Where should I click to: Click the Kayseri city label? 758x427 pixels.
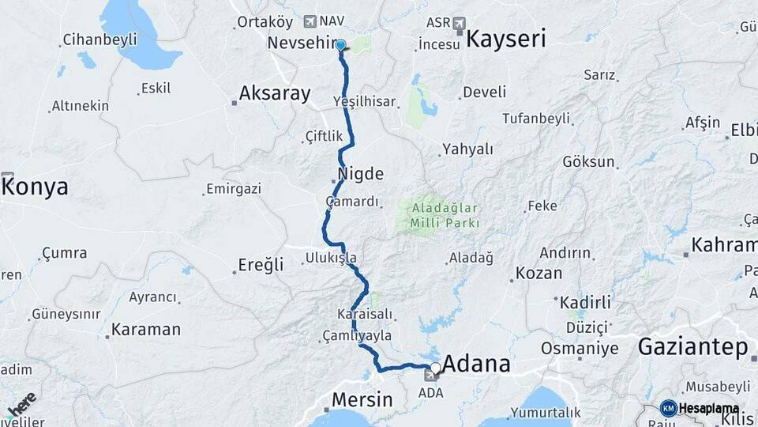coord(505,39)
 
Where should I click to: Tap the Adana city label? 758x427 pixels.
coord(476,365)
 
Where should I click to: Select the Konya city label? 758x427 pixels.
coord(36,187)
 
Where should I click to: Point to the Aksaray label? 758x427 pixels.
coord(274,93)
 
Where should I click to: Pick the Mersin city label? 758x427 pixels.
coord(362,399)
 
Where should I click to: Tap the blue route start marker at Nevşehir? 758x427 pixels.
coord(340,45)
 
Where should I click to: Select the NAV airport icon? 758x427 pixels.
coord(309,21)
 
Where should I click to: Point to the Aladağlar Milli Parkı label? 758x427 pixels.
coord(444,216)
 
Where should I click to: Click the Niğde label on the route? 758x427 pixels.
coord(360,174)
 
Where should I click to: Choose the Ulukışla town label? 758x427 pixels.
coord(332,258)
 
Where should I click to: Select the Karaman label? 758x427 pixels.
coord(145,330)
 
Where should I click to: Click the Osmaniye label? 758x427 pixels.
coord(579,348)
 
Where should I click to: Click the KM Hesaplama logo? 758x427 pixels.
coord(700,408)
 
